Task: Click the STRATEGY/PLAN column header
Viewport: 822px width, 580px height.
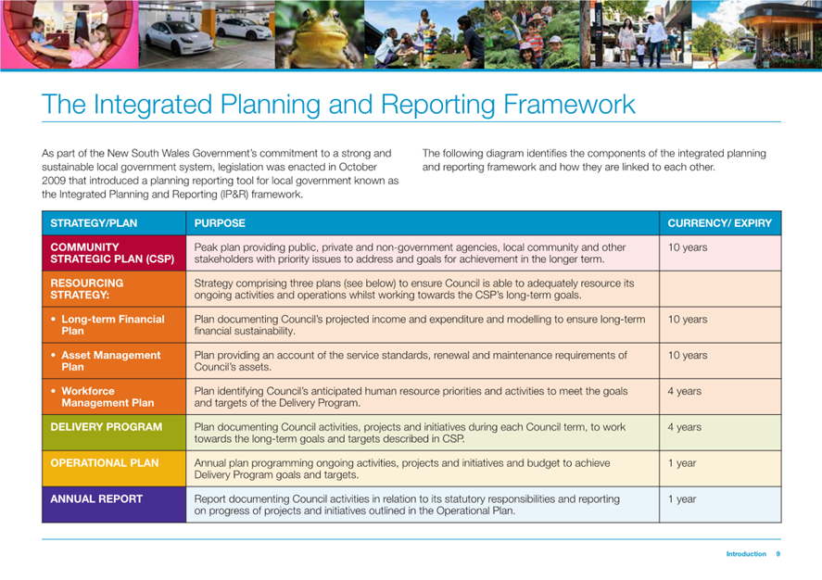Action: pos(94,223)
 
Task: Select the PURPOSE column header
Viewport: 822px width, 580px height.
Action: pos(220,223)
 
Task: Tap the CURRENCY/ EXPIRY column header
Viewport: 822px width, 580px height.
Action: pos(719,223)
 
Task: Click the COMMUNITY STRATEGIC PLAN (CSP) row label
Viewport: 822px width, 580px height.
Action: pos(112,253)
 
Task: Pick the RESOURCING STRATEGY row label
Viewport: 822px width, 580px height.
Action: pos(87,289)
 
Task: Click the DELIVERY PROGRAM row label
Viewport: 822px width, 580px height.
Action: pos(107,427)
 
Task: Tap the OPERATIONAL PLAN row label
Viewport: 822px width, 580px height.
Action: pos(105,463)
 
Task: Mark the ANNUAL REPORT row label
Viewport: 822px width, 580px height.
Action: pos(96,498)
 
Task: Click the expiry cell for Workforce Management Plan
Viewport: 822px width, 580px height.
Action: pos(684,391)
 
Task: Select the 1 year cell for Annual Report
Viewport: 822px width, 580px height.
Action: pos(681,499)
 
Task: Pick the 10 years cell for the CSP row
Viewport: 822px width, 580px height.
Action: pos(688,247)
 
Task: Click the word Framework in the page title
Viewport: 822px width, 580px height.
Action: pos(569,104)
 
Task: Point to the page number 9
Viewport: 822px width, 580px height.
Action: pos(778,554)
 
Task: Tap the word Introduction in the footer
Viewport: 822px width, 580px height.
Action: pos(746,554)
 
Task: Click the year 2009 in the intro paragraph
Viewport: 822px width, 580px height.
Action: pos(53,181)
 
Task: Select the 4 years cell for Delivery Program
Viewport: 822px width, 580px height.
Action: pos(684,427)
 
